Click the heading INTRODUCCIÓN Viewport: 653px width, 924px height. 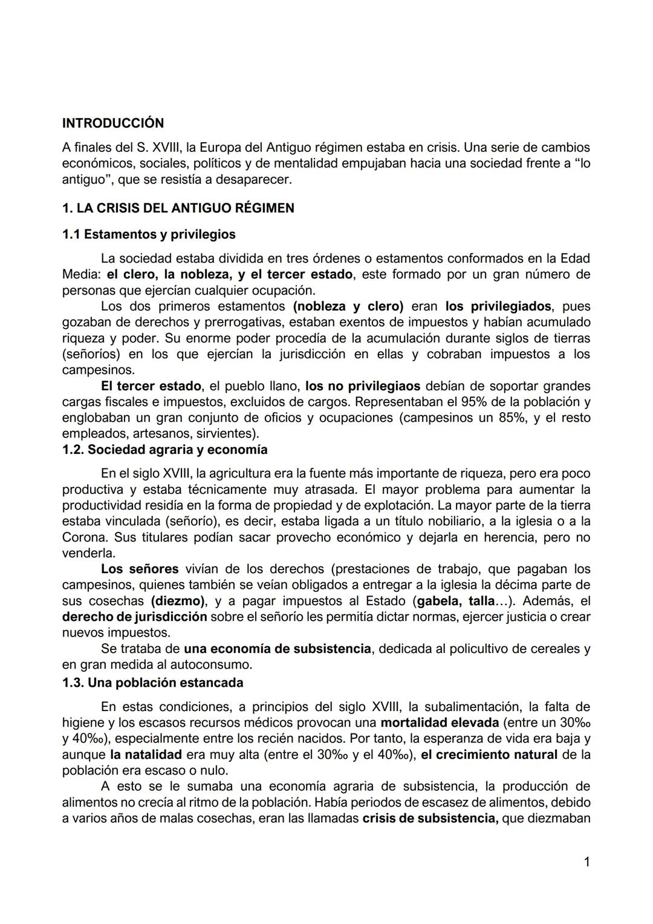(112, 123)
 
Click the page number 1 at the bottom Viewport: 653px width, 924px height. (586, 862)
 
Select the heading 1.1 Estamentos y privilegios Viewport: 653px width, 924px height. (149, 234)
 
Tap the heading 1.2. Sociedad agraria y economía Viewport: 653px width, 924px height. (164, 450)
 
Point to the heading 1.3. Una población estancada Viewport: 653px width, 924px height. (152, 683)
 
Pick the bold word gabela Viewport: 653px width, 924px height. (437, 601)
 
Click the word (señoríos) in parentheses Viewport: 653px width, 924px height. (92, 353)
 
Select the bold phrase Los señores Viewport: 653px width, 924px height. (140, 569)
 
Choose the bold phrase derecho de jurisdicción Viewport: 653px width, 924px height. (134, 617)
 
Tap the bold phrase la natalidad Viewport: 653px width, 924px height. (146, 755)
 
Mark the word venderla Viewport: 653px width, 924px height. (88, 552)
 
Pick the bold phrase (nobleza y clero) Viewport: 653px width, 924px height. (348, 306)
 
